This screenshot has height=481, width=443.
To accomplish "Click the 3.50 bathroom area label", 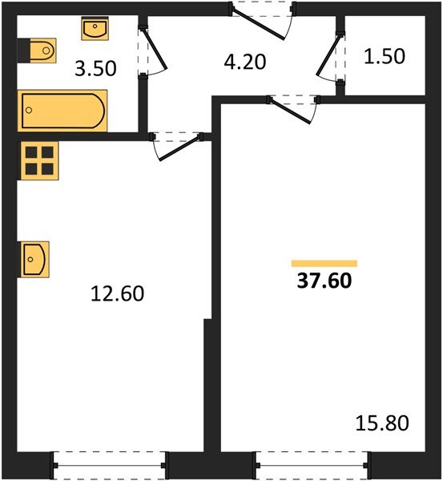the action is pos(95,68).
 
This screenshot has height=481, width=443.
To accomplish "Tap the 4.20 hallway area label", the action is pos(245,62).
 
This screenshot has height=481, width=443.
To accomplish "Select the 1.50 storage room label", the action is pos(385,56).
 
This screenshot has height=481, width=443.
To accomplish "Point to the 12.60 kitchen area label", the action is pos(118,293).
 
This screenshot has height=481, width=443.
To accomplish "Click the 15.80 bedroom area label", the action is pos(382,422).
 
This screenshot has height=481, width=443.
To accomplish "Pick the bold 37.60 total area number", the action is pos(324,281).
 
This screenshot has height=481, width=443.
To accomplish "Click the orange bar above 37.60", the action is pos(324,264).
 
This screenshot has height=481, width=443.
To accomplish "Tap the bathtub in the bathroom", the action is pos(62,111).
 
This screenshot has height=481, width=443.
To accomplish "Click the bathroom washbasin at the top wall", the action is pos(95,29).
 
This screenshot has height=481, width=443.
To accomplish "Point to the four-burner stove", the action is pos(39,160).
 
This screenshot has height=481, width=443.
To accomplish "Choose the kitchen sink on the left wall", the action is pos(35,260).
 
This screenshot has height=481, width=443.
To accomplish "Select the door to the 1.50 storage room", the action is pos(327,55).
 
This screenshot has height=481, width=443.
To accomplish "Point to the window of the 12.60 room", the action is pos(109,465).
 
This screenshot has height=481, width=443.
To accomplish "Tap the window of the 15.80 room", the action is pos(312,465).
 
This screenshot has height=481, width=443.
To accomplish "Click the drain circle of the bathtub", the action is pos(29,110).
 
